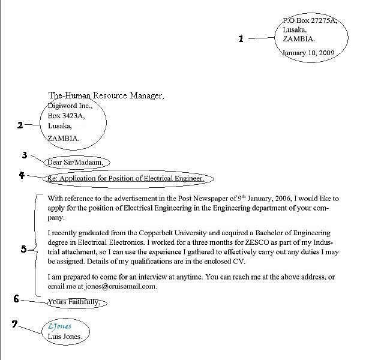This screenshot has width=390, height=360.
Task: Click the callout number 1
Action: [241, 39]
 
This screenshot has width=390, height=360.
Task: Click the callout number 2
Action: [20, 125]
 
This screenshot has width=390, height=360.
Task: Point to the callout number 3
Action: [25, 155]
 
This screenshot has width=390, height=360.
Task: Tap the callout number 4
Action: [22, 175]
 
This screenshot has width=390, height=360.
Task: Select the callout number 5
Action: [23, 249]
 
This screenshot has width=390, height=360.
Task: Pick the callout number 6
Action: [16, 298]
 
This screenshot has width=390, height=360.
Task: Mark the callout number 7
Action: [15, 325]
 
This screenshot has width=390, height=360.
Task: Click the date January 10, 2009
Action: [308, 52]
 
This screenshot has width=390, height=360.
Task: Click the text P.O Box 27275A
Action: [310, 21]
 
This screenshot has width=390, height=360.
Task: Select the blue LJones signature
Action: [59, 326]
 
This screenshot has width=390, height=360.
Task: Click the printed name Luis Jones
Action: [65, 337]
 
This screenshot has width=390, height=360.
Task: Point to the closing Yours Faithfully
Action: [74, 302]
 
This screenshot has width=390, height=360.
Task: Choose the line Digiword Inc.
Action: [69, 106]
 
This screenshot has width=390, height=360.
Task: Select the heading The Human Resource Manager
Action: [105, 95]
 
